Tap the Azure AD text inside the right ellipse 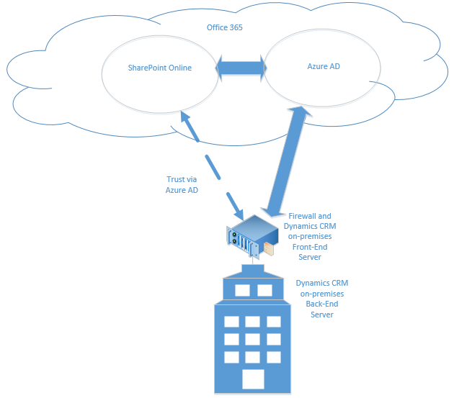319,67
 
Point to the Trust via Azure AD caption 182,185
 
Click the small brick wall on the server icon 269,249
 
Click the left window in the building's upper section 241,291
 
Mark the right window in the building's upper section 264,291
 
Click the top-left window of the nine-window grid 231,322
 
